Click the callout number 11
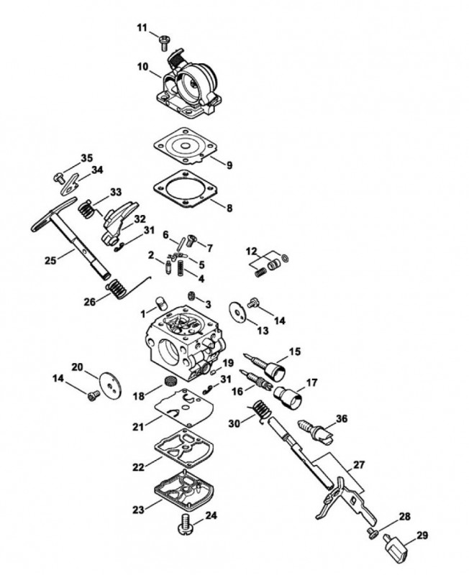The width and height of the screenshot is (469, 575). point(142,27)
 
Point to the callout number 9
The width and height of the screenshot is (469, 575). point(229,165)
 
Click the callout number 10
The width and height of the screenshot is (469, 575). point(142,67)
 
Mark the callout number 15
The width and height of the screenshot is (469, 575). point(295,351)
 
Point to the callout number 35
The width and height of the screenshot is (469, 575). point(86,157)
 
